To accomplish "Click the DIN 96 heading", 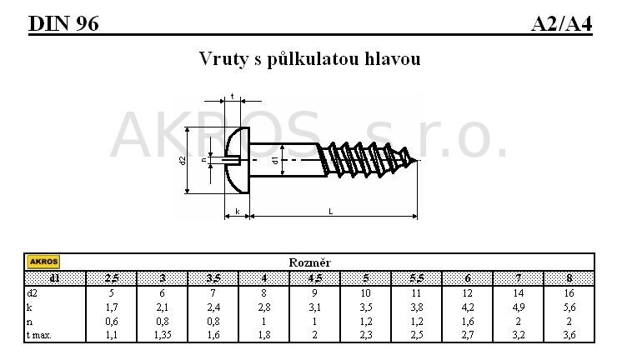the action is tap(63, 24).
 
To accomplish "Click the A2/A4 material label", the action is tap(562, 24).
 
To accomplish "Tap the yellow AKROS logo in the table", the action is tap(43, 262).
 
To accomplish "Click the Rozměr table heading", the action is tap(310, 262).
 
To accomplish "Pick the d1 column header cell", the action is tap(55, 278).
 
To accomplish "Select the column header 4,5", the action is tap(315, 278).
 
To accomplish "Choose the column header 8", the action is tap(569, 278).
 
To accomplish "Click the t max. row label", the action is tap(39, 335).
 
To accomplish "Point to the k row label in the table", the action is tap(29, 307).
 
